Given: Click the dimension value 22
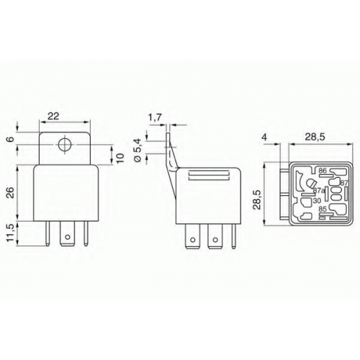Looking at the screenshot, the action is [x=53, y=116].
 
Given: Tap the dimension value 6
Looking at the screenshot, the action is [x=12, y=139].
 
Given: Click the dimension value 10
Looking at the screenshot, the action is [x=121, y=158].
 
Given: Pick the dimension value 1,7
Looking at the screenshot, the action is [x=155, y=118].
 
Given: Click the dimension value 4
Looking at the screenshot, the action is [x=264, y=137].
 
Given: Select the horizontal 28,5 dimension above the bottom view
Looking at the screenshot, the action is [x=315, y=137].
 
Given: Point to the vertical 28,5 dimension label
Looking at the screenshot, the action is [x=257, y=200].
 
